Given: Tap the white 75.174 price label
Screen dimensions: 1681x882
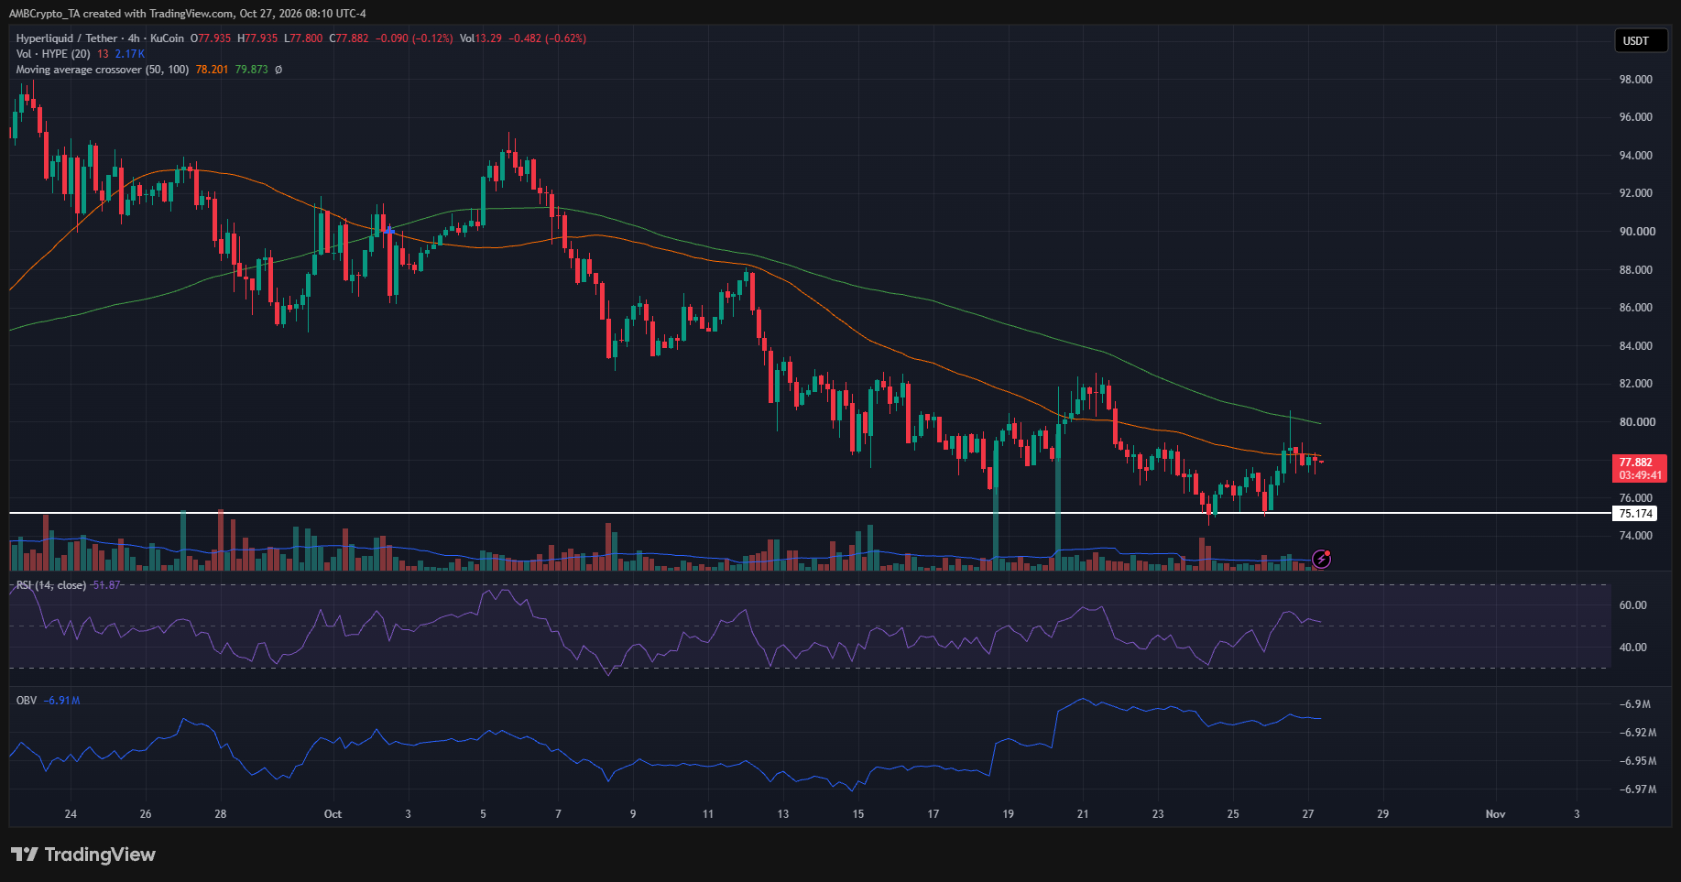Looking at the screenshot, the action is coord(1635,514).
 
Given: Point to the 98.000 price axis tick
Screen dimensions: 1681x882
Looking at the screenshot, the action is coord(1635,80).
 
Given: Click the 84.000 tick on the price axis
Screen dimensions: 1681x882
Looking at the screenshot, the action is coord(1635,346).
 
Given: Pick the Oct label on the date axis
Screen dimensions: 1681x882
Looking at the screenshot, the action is coord(333,814).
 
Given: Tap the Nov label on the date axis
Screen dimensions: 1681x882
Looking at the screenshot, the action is coord(1495,814).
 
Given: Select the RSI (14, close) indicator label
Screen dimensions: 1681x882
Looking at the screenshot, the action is coord(52,585).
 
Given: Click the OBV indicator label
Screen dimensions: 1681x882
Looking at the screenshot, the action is coord(27,701).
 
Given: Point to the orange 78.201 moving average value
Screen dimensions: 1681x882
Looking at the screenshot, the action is coord(212,70).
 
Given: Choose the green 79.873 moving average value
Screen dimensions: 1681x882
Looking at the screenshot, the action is coord(252,70).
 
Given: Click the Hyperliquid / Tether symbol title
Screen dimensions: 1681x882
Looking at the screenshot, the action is coord(67,38).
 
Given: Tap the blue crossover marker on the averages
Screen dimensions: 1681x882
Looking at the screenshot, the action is coord(389,230).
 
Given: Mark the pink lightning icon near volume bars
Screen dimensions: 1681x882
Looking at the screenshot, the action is coord(1321,559).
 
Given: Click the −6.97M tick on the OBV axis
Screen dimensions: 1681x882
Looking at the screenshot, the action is coord(1637,789).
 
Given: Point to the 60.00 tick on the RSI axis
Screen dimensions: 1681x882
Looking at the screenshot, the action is coord(1633,605).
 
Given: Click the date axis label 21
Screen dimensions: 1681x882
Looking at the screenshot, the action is coord(1083,814).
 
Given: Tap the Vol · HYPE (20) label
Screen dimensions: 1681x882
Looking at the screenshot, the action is coord(53,54).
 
